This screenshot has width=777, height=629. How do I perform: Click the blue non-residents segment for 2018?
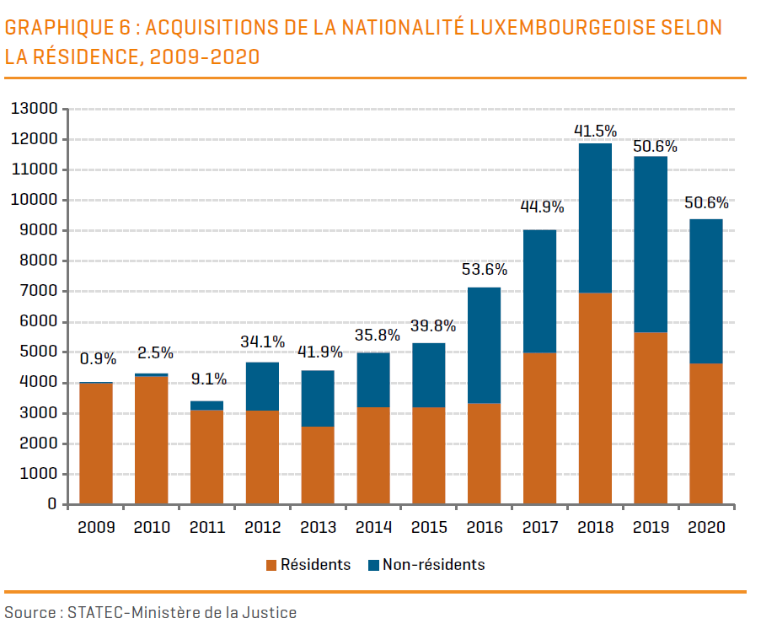[595, 218]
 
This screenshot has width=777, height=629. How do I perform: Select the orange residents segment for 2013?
[318, 465]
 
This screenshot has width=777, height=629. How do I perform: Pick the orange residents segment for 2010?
[151, 440]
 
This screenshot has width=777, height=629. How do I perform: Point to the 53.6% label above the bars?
[484, 271]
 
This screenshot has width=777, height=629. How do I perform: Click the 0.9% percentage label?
[98, 359]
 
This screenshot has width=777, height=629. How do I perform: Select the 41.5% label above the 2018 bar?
[595, 131]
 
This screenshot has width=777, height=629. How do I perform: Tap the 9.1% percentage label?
[207, 379]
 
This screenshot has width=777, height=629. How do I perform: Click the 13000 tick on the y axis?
[34, 109]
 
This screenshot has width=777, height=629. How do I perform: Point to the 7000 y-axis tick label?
[37, 292]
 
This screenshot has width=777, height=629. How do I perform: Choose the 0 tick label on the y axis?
[51, 505]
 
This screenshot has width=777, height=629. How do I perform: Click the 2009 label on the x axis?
[95, 528]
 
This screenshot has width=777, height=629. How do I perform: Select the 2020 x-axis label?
[706, 528]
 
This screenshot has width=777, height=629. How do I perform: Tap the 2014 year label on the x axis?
[373, 528]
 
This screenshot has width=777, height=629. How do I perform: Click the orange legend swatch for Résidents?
[271, 565]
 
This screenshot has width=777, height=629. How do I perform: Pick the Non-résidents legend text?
[433, 565]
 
